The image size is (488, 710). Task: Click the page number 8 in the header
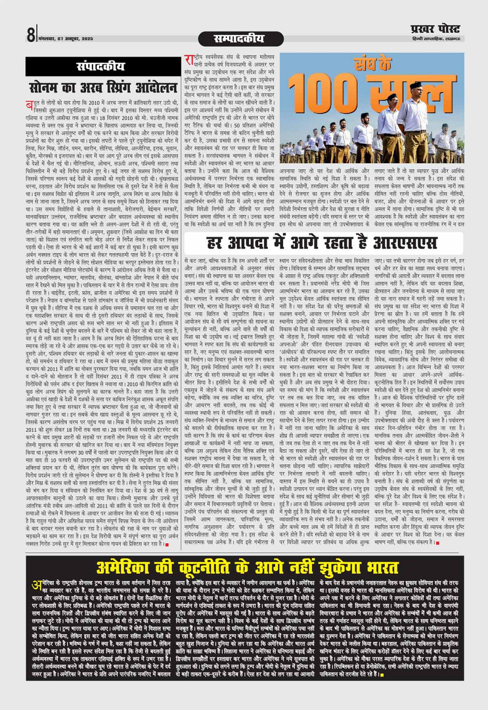click(30, 35)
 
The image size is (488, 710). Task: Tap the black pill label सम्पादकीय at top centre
click(241, 39)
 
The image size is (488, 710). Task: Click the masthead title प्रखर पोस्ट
click(435, 29)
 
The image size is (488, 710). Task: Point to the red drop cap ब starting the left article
click(29, 105)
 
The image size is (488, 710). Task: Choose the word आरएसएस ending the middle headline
click(401, 243)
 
